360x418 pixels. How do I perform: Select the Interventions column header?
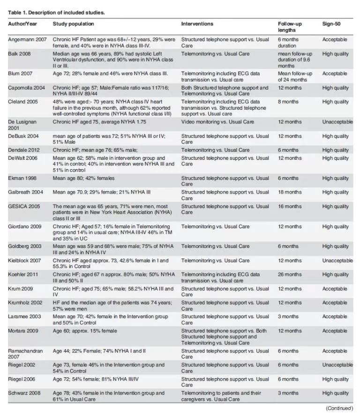(x=197, y=23)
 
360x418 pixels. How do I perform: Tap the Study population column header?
(x=73, y=23)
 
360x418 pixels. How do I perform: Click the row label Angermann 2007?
(x=27, y=40)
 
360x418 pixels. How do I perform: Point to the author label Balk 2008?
(x=19, y=54)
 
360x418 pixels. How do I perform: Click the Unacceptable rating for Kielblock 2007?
(x=337, y=260)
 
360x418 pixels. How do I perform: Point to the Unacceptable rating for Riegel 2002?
(x=337, y=365)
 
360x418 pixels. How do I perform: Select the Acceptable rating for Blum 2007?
(x=335, y=74)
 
